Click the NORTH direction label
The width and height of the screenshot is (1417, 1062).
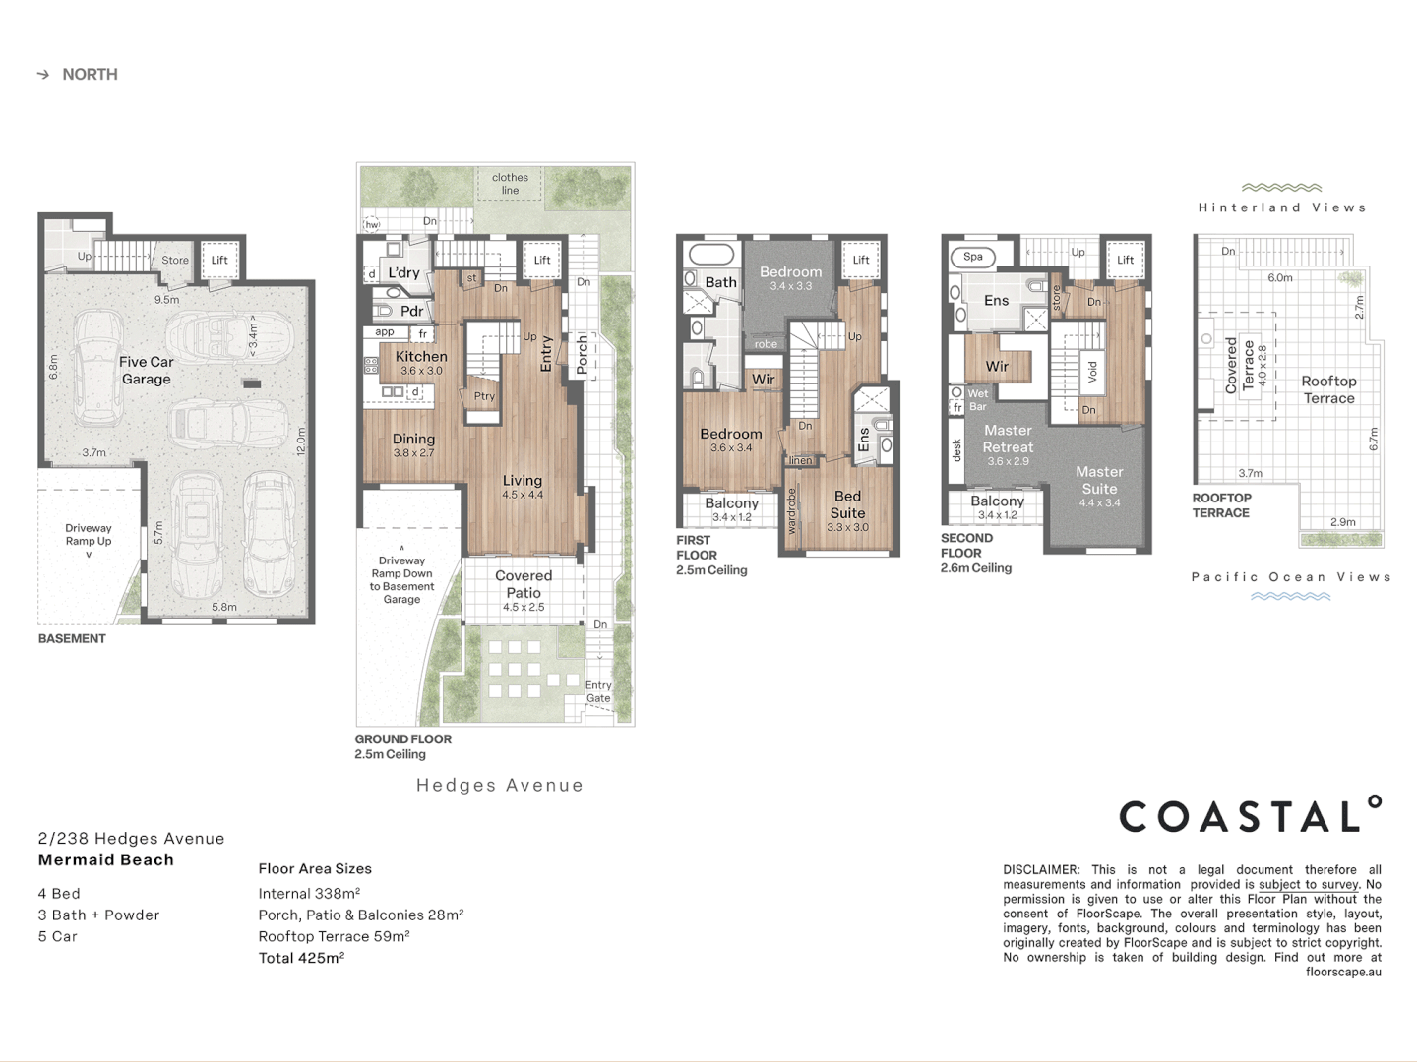(89, 75)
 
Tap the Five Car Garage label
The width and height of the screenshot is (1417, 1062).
(146, 371)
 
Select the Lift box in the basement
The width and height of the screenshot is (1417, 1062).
(219, 261)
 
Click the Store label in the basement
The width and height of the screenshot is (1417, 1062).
(175, 261)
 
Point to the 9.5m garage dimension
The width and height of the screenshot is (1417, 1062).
(166, 300)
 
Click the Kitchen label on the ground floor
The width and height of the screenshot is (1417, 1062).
(421, 358)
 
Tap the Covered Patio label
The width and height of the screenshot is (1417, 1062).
(524, 584)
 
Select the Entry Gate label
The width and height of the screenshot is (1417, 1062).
(598, 692)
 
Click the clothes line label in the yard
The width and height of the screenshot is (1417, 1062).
(510, 184)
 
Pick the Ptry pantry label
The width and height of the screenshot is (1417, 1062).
(484, 397)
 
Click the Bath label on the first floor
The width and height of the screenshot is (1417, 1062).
(720, 282)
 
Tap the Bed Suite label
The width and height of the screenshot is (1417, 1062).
(847, 504)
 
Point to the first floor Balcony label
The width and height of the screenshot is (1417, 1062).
(731, 503)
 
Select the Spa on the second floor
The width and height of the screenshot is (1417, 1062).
(972, 257)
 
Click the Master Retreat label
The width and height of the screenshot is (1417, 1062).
(1008, 439)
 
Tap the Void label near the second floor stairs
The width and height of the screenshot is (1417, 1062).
(1092, 371)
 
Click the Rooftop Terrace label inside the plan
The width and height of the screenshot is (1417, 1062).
(1328, 389)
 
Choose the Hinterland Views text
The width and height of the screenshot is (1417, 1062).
(1282, 207)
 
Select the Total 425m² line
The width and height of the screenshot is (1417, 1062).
(301, 958)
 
